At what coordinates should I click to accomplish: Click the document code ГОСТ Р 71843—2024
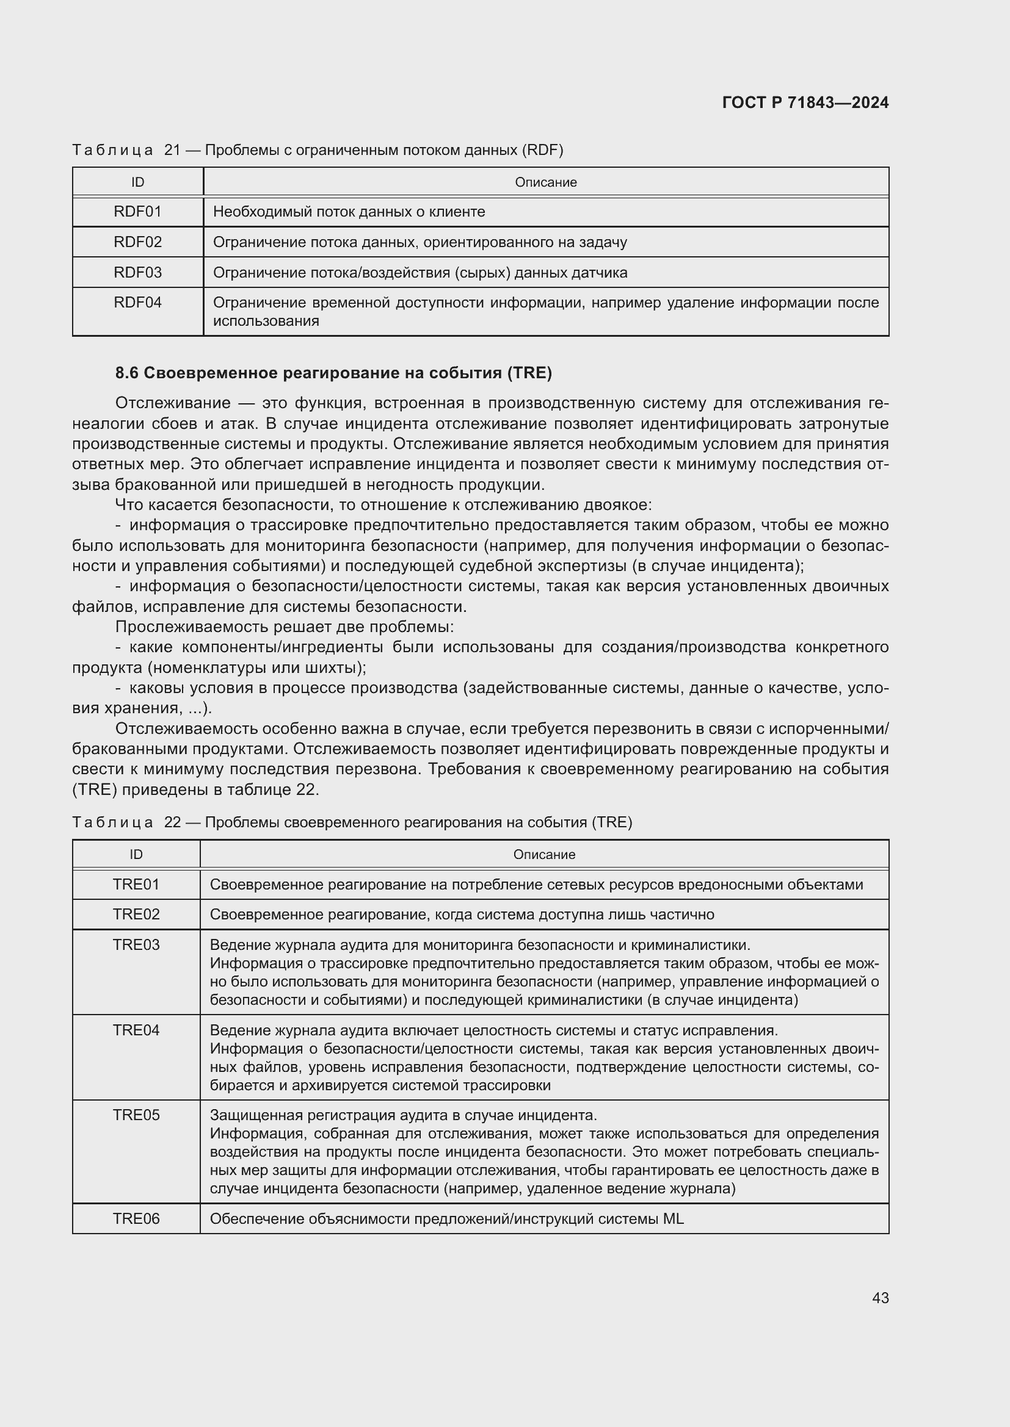pyautogui.click(x=805, y=102)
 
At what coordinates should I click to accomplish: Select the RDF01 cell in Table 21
pyautogui.click(x=137, y=212)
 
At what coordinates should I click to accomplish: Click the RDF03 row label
pyautogui.click(x=137, y=272)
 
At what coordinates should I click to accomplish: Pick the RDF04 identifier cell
pyautogui.click(x=137, y=303)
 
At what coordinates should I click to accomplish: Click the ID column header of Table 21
pyautogui.click(x=137, y=182)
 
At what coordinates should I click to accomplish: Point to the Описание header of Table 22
pyautogui.click(x=543, y=855)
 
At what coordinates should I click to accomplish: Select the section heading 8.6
pyautogui.click(x=333, y=373)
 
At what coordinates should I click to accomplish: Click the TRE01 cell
pyautogui.click(x=136, y=884)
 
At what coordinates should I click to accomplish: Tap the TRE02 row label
pyautogui.click(x=136, y=915)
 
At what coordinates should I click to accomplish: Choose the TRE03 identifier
pyautogui.click(x=136, y=944)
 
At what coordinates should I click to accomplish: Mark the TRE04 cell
pyautogui.click(x=136, y=1030)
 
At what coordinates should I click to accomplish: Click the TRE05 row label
pyautogui.click(x=136, y=1115)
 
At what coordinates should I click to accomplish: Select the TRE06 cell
pyautogui.click(x=136, y=1219)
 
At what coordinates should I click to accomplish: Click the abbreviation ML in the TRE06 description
pyautogui.click(x=673, y=1219)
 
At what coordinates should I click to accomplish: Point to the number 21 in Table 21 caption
pyautogui.click(x=172, y=151)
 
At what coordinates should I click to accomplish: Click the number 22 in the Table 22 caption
pyautogui.click(x=172, y=822)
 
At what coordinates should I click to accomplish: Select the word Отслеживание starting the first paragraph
pyautogui.click(x=172, y=403)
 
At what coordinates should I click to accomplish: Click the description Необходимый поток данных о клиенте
pyautogui.click(x=349, y=212)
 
